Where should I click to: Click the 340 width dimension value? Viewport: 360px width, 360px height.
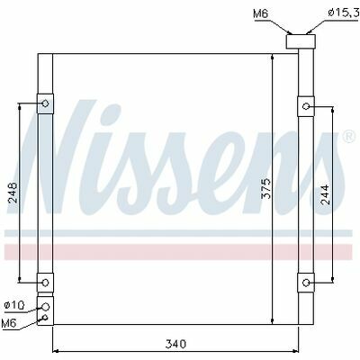(175, 344)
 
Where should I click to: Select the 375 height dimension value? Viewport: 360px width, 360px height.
(266, 188)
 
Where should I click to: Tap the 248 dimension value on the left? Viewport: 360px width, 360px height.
(14, 193)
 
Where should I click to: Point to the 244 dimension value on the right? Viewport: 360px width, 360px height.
(325, 194)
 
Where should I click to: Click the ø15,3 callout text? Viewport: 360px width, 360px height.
(344, 13)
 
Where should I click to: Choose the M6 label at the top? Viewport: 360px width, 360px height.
(260, 13)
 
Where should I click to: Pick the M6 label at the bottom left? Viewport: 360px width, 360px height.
(8, 323)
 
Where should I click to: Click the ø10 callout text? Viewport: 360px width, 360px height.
(14, 305)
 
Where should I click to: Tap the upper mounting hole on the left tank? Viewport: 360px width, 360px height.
(45, 103)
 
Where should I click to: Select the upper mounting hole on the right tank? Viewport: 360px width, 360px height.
(306, 106)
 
